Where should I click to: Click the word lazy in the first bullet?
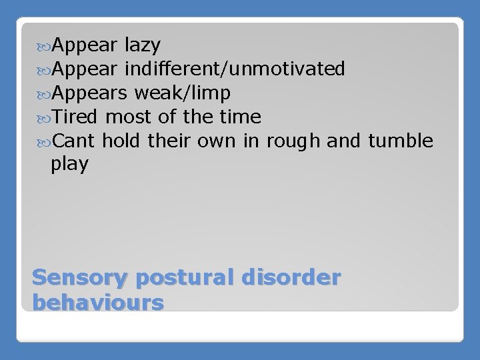[142, 45]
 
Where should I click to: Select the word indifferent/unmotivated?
[235, 69]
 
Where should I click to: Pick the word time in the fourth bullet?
[240, 117]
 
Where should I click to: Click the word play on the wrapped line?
[69, 165]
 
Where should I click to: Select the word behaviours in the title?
[97, 303]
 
